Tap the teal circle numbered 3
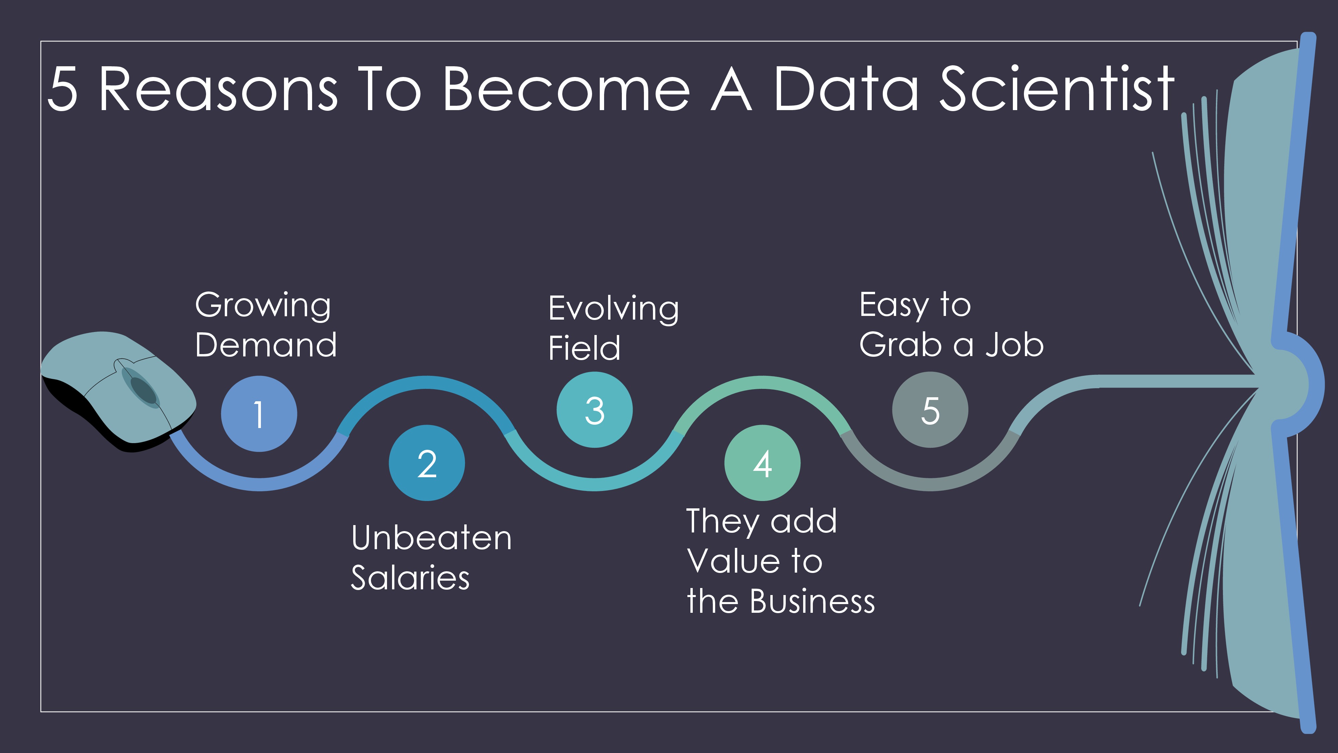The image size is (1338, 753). pyautogui.click(x=594, y=410)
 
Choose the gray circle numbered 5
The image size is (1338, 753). pyautogui.click(x=930, y=410)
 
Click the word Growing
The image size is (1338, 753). pyautogui.click(x=263, y=306)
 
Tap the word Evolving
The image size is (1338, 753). pyautogui.click(x=613, y=310)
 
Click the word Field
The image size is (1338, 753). pyautogui.click(x=584, y=348)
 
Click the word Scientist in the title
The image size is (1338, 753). pyautogui.click(x=1057, y=88)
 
